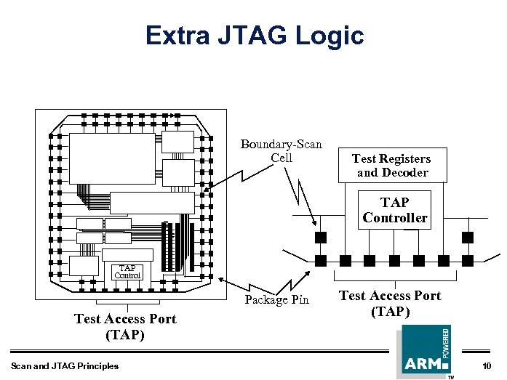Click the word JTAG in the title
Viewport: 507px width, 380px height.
click(x=259, y=35)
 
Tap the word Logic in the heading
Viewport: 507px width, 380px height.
click(x=332, y=35)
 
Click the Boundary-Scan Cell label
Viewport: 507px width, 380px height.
click(x=281, y=151)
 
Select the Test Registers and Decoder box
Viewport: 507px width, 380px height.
click(x=391, y=165)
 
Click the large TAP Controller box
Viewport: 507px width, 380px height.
click(x=395, y=210)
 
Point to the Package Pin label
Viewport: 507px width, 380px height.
click(x=276, y=299)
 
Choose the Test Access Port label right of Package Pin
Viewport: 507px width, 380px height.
click(x=390, y=303)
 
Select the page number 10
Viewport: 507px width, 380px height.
click(x=487, y=365)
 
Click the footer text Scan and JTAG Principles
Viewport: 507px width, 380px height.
click(x=65, y=365)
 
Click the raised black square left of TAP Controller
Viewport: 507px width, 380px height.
click(x=319, y=237)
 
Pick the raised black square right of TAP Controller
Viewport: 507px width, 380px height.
click(x=468, y=237)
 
